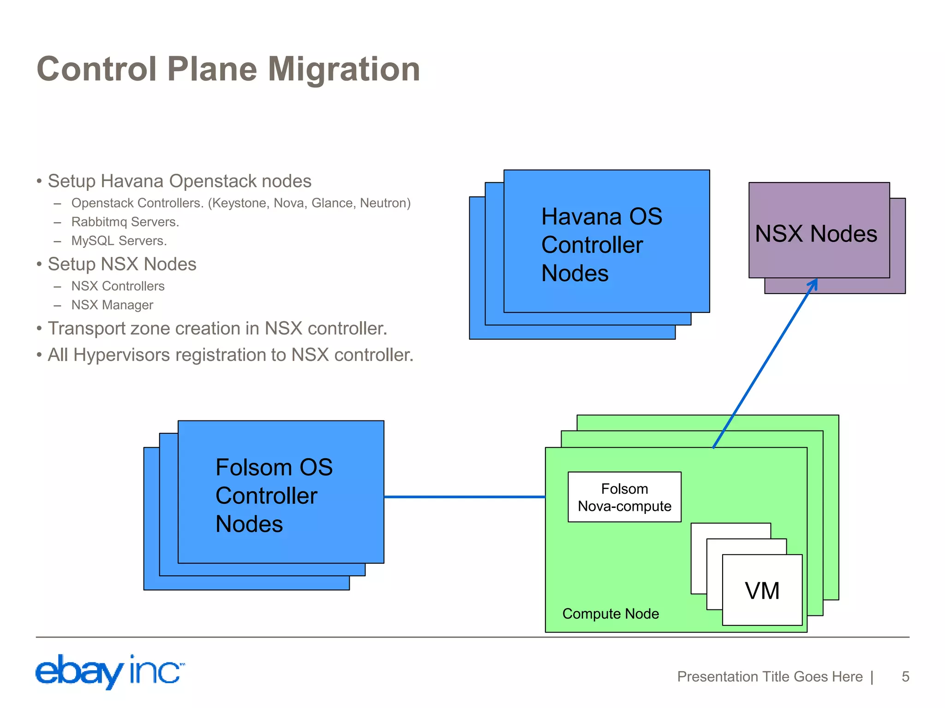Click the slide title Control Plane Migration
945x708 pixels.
[x=228, y=69]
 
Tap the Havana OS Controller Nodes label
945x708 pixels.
[x=601, y=245]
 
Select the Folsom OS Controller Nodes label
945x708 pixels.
[x=274, y=496]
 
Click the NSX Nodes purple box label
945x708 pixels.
[x=816, y=234]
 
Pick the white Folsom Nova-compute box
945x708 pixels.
[x=624, y=497]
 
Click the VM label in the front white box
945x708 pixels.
[x=762, y=591]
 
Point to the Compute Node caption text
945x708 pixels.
[x=610, y=614]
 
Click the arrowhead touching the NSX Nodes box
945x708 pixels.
[x=813, y=283]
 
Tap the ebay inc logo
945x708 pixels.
[x=110, y=671]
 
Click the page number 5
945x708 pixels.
[x=905, y=677]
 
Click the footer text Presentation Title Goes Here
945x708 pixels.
[x=770, y=677]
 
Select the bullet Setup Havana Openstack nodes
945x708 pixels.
[x=179, y=181]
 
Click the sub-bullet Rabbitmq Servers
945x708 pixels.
[x=125, y=222]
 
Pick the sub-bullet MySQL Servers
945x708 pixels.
[x=119, y=241]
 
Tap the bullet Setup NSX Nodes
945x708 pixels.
[x=122, y=264]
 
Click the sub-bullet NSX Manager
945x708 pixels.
[x=112, y=305]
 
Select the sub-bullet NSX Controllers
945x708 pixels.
[x=118, y=286]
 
